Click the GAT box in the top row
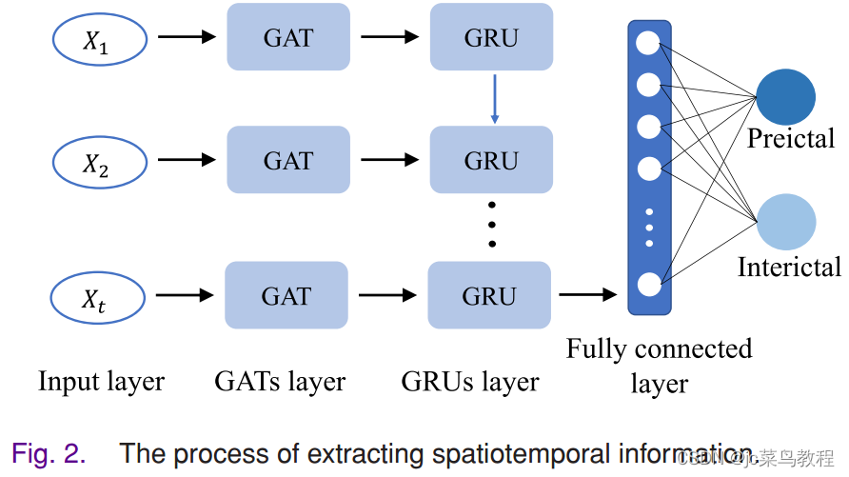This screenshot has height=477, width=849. (x=288, y=37)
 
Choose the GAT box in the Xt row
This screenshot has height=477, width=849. (x=286, y=295)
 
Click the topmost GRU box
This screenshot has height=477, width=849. (x=491, y=37)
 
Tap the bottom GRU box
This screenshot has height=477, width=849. (x=489, y=295)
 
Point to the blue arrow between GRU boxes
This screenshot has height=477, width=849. (x=495, y=98)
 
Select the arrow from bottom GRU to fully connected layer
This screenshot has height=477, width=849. (x=587, y=294)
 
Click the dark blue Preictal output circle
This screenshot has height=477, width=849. (x=785, y=97)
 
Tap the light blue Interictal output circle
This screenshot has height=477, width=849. (x=786, y=221)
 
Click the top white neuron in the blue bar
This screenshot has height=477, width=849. (x=648, y=43)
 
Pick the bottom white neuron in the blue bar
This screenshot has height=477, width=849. (x=648, y=284)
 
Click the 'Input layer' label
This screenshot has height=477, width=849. (x=101, y=382)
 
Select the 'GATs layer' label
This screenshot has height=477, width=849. (x=280, y=382)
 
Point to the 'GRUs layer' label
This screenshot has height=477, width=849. (x=470, y=382)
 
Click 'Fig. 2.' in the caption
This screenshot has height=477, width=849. (x=49, y=454)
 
